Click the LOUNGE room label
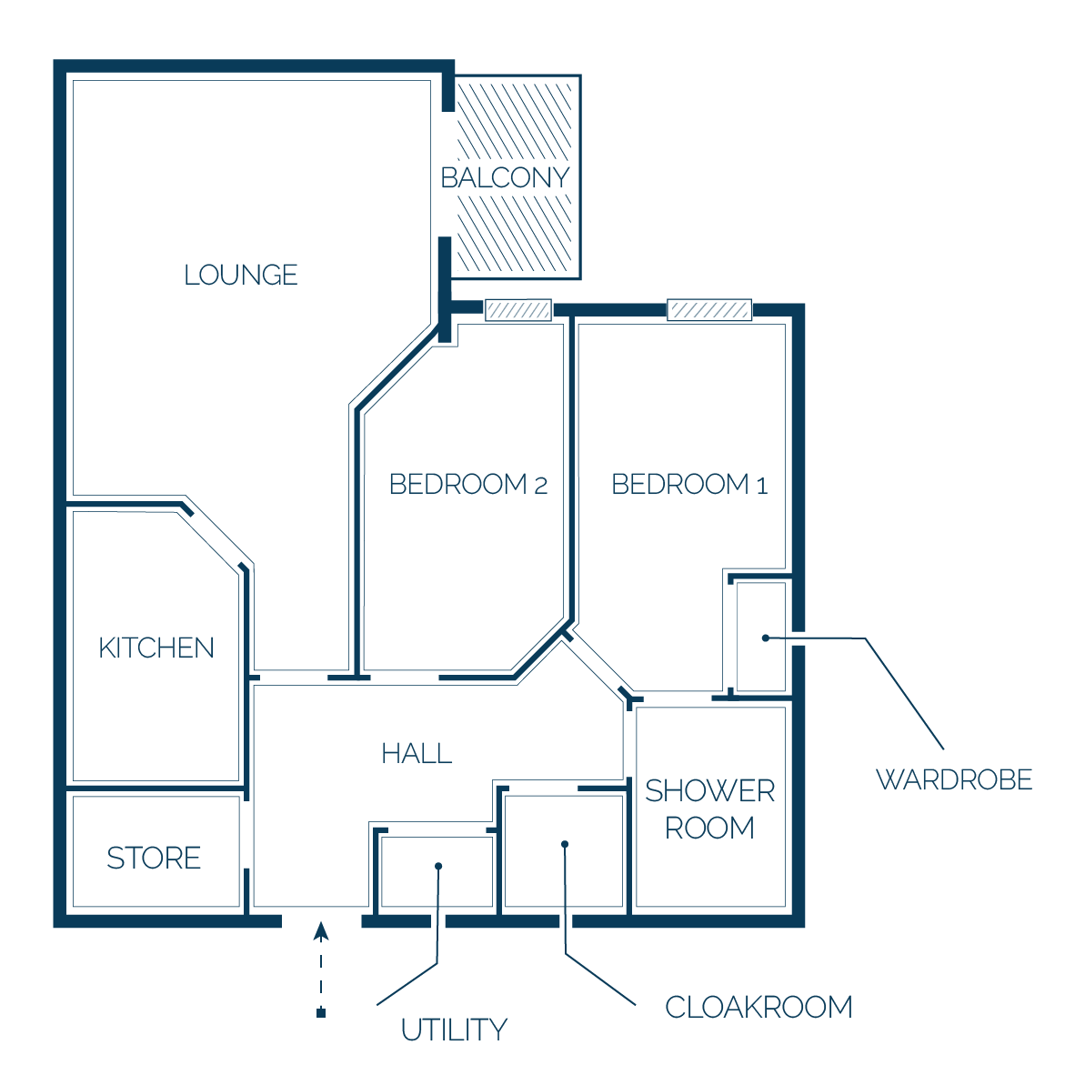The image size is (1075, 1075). point(241,275)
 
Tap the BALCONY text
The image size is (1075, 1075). point(506,177)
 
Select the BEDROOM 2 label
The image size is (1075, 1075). point(468,484)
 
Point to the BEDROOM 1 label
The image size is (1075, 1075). point(689,484)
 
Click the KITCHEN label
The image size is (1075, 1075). point(156,648)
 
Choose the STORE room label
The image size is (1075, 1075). point(154,858)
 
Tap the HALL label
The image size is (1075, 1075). point(417,753)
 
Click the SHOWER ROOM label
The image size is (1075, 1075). point(709,809)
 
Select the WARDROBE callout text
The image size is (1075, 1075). point(954,779)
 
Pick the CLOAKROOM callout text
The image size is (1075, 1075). point(759,1007)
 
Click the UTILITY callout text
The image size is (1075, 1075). point(454,1030)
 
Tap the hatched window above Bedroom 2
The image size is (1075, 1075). point(518,310)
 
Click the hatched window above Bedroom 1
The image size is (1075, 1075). point(709,310)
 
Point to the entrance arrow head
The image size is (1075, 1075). point(321,930)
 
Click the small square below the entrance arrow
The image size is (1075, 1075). point(321,1012)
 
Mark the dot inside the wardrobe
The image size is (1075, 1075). point(766,638)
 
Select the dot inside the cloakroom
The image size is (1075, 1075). point(565,844)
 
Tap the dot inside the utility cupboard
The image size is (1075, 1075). point(438,866)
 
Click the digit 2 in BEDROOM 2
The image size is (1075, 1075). point(541,486)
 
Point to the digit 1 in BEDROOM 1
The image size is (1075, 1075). point(762,486)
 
